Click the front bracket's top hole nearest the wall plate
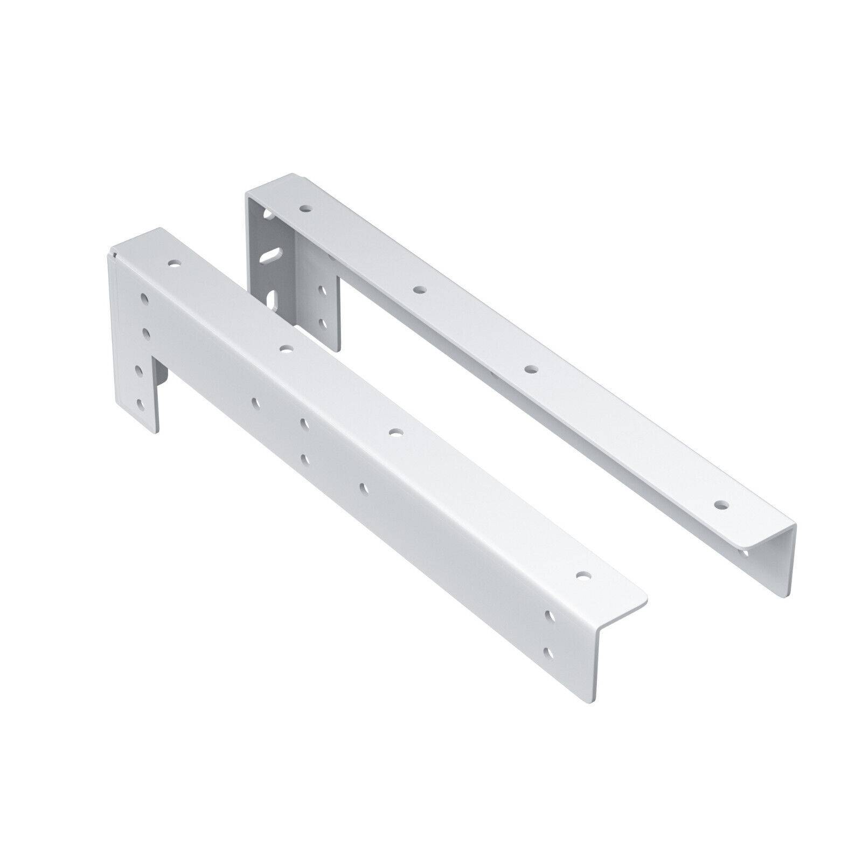(x=173, y=265)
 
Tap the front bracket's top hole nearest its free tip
(x=581, y=575)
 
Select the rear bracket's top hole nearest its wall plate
(x=306, y=207)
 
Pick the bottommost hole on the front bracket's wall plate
(x=141, y=402)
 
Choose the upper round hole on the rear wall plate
(x=323, y=291)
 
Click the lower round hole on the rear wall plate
(x=323, y=323)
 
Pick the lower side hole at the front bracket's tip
(x=548, y=652)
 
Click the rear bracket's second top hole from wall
(x=418, y=290)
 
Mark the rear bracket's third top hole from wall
(x=531, y=370)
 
